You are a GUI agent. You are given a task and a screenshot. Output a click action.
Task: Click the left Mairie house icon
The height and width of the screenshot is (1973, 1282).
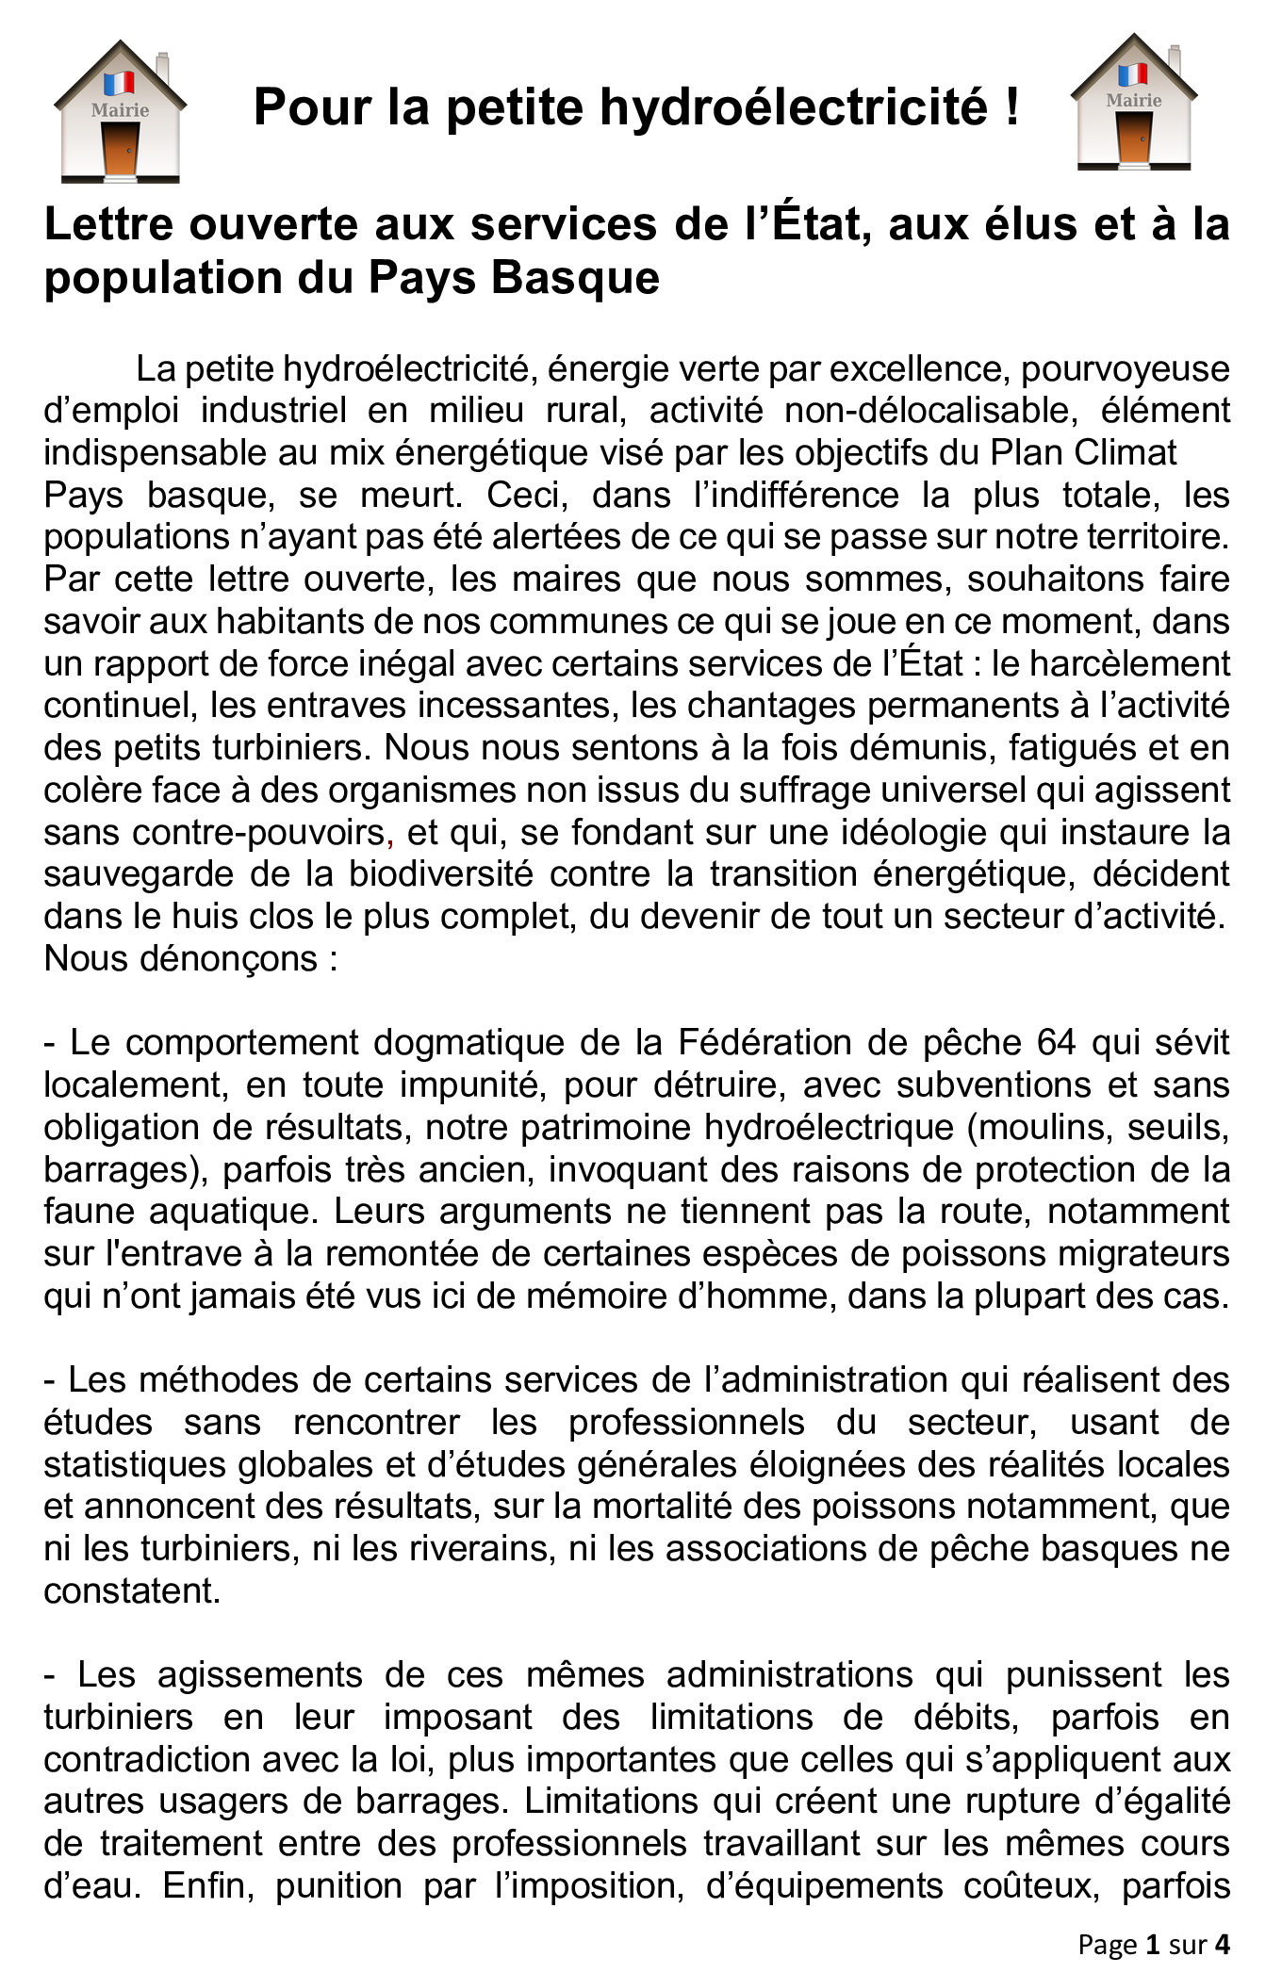tap(120, 111)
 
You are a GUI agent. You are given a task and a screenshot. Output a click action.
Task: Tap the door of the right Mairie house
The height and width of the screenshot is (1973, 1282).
tap(1134, 138)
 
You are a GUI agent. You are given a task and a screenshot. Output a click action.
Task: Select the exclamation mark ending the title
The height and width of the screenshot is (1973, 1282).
tap(1012, 106)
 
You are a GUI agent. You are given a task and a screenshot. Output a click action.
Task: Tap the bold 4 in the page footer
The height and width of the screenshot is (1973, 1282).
tap(1222, 1945)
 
